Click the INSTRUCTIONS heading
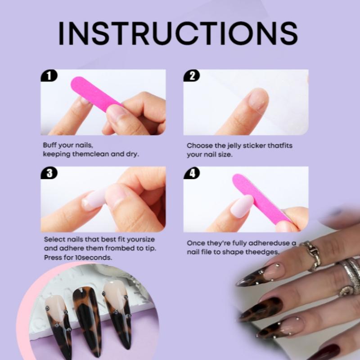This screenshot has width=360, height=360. [x=178, y=32]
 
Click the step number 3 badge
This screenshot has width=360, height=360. [x=49, y=173]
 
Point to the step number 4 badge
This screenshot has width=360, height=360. [x=192, y=173]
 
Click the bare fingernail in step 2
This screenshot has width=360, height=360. [x=258, y=99]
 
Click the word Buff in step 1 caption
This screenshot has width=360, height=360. [x=49, y=145]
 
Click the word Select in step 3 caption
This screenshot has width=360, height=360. [x=54, y=239]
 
